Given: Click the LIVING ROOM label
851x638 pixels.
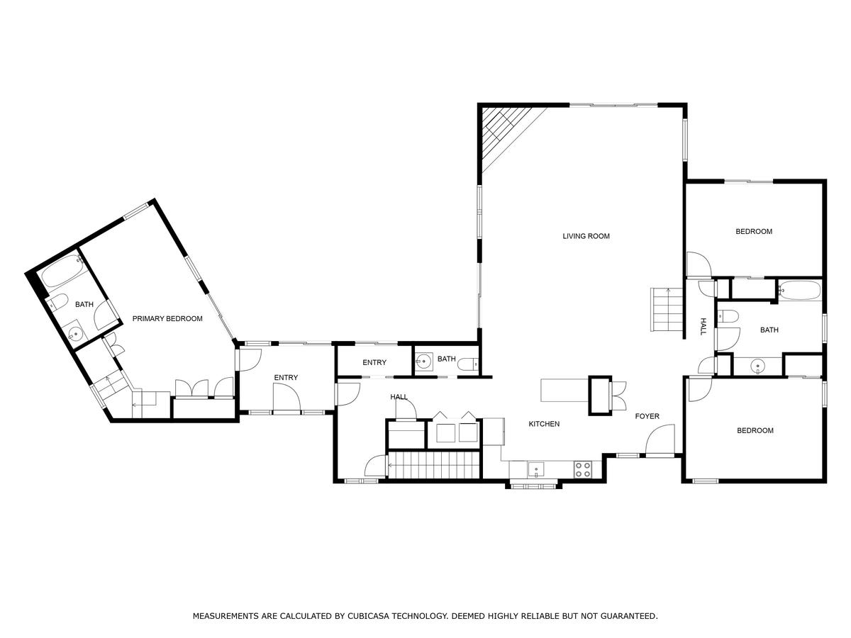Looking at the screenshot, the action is [x=586, y=236].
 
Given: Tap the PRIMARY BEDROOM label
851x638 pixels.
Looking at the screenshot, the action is [x=167, y=319].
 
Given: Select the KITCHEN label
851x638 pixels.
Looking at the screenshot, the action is [x=544, y=424].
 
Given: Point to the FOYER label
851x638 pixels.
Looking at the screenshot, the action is [x=647, y=416].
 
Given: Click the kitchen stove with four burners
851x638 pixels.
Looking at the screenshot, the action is [x=583, y=469].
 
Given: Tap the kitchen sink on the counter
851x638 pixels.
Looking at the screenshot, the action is [x=535, y=470].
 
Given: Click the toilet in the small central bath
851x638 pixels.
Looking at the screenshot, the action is [x=468, y=364].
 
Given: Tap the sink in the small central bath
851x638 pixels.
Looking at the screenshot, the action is [x=424, y=362].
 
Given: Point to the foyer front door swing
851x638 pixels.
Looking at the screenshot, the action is [x=660, y=439].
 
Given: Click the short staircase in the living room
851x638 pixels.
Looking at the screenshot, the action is [x=666, y=310].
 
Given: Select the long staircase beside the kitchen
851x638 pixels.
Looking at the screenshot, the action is [x=435, y=465].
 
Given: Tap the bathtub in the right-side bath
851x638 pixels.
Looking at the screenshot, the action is [x=799, y=290].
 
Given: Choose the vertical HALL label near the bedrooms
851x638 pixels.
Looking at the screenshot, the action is [x=703, y=326].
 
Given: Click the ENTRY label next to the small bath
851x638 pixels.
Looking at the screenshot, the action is [x=374, y=362].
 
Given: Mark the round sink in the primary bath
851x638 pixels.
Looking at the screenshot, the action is [x=74, y=332].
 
